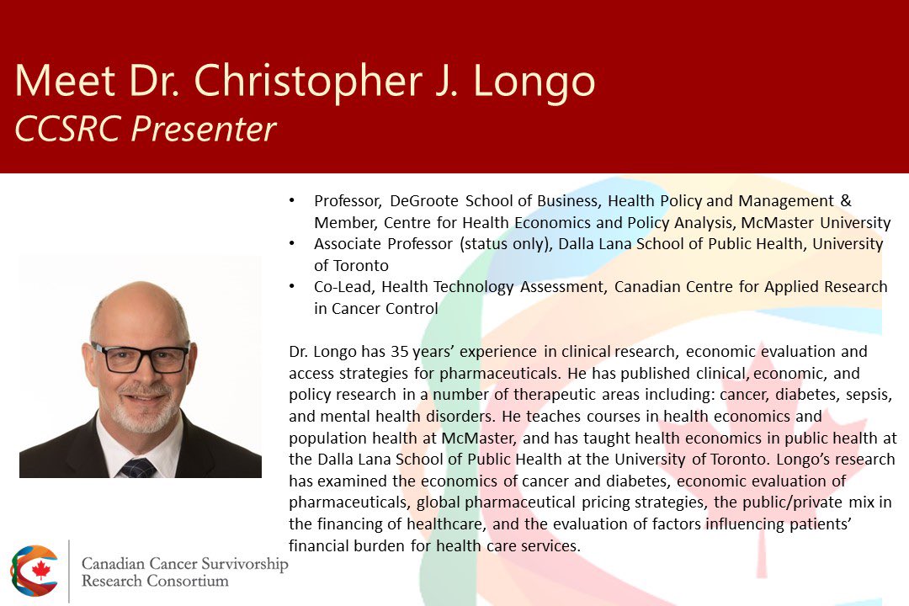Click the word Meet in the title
[65, 81]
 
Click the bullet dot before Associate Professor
[292, 244]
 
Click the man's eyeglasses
[141, 357]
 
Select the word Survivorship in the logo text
[245, 564]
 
